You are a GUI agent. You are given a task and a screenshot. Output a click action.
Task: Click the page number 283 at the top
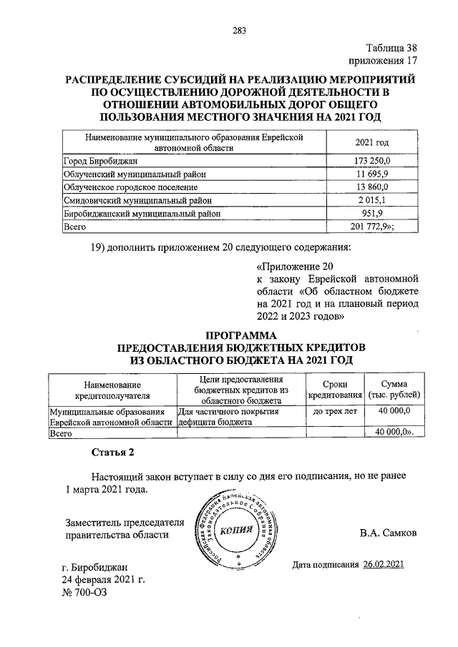(239, 30)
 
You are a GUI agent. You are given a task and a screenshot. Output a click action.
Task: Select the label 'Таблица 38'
(390, 49)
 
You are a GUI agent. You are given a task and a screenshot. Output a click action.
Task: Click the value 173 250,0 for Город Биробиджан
(369, 162)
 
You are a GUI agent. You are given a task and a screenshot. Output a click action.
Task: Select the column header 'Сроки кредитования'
(335, 390)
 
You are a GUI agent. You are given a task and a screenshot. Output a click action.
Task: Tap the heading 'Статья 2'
(112, 453)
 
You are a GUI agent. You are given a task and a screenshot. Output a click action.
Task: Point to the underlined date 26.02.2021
(384, 565)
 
